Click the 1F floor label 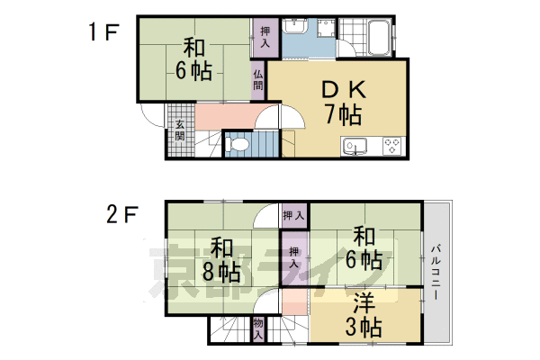click(x=103, y=32)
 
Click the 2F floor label click(x=121, y=214)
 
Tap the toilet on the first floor click(x=237, y=144)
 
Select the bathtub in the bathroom click(x=379, y=37)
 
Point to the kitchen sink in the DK click(x=354, y=147)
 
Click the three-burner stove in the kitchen click(x=391, y=146)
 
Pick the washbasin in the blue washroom click(x=295, y=26)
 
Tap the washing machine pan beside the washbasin click(x=326, y=28)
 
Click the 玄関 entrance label click(x=179, y=130)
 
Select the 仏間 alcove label click(x=258, y=79)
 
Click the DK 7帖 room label click(x=344, y=102)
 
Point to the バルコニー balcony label click(x=436, y=272)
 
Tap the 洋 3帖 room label click(x=364, y=315)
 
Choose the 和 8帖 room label click(x=221, y=259)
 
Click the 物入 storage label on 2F click(x=258, y=328)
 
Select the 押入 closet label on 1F click(x=265, y=37)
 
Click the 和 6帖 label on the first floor click(x=193, y=59)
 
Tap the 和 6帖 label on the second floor click(x=364, y=249)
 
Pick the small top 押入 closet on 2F click(x=294, y=216)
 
